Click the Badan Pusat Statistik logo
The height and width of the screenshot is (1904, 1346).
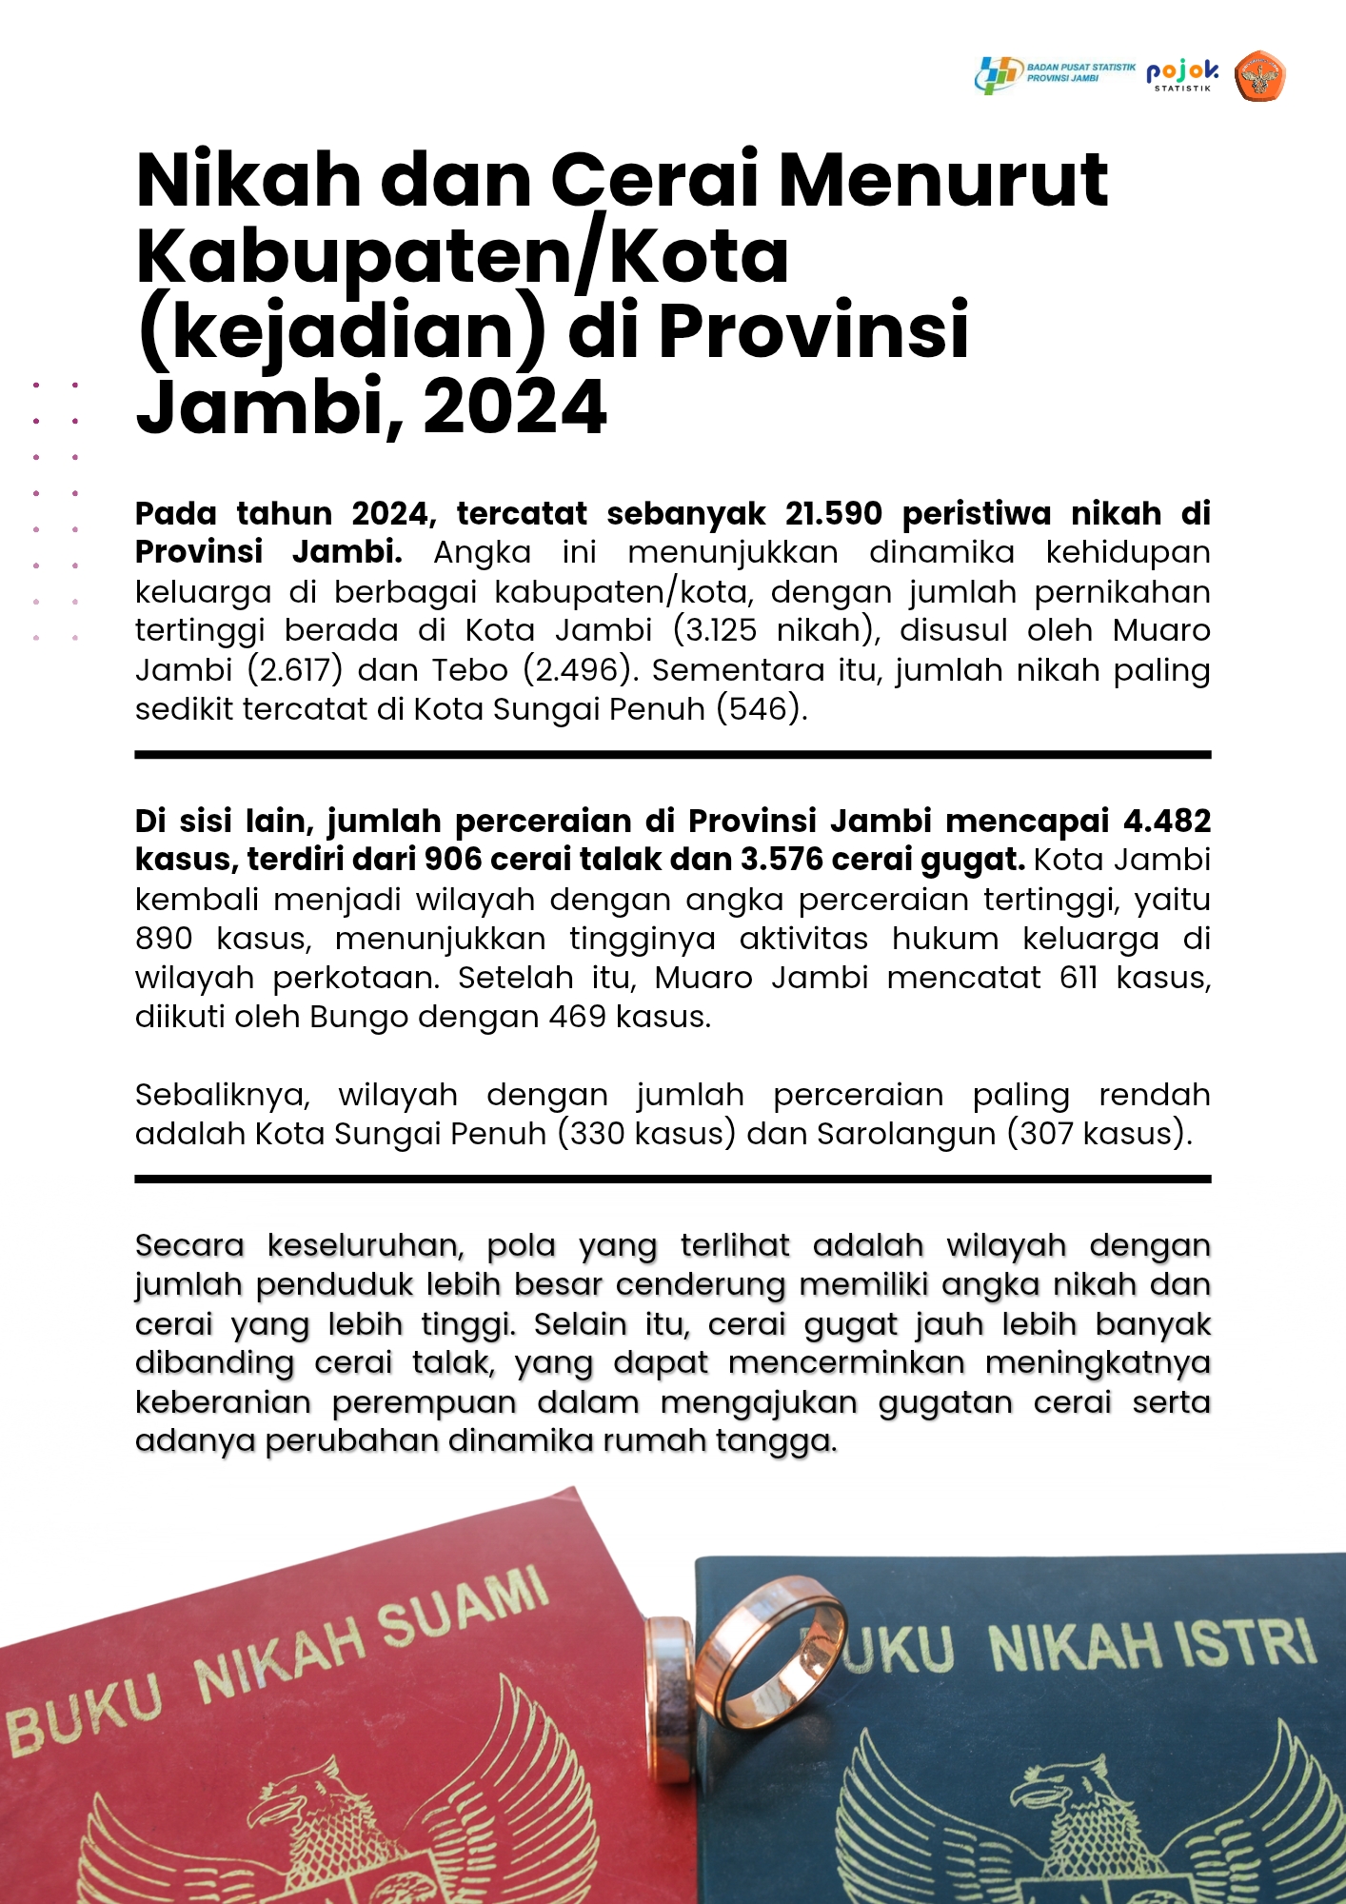[1055, 74]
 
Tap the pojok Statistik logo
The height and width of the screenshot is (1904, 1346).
[1182, 74]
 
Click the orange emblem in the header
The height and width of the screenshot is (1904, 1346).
[1259, 76]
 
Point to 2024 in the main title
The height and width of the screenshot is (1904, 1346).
[514, 407]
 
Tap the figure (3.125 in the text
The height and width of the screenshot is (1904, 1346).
[715, 631]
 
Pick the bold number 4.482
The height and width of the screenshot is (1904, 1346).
[1166, 821]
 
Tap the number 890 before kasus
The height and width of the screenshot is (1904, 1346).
[164, 939]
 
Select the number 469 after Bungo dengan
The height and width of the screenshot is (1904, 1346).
[578, 1017]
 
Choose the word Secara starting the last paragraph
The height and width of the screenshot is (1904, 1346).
[189, 1245]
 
